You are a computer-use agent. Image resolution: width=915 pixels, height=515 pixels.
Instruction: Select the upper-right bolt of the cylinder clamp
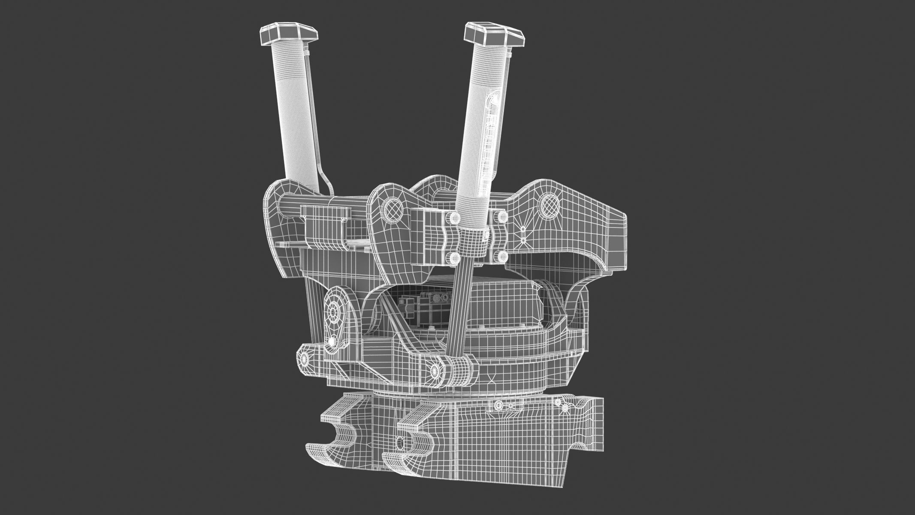coord(501,216)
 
